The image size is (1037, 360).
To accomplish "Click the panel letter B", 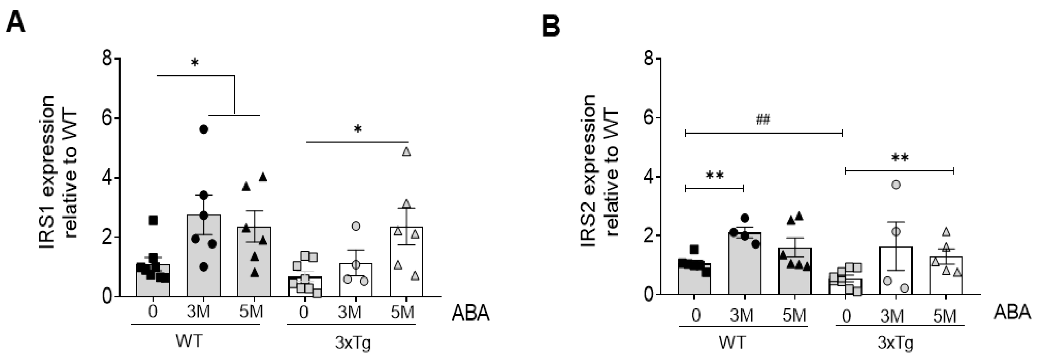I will [551, 27].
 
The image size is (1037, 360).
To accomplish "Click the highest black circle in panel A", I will [204, 129].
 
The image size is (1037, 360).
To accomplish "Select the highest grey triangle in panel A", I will [407, 152].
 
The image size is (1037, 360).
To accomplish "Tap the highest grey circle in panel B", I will [896, 185].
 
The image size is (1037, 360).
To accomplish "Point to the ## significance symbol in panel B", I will [762, 120].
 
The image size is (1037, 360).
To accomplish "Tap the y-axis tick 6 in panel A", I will [107, 118].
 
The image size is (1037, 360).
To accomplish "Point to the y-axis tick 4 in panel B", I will [648, 177].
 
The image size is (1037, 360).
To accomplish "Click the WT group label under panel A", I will [189, 342].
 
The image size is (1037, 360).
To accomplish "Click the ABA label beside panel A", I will [470, 313].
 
